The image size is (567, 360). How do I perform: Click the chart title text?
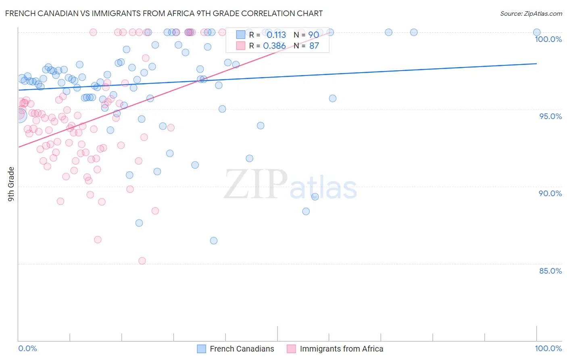(164, 13)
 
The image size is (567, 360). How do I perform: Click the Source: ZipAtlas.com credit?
(531, 14)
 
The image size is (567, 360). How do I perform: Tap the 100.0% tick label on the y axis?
(548, 39)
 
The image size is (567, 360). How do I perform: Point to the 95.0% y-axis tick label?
(550, 116)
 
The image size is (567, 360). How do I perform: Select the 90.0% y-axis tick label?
(550, 193)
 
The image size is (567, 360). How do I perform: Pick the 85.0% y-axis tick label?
(550, 271)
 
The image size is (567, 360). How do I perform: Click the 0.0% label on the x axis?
(27, 348)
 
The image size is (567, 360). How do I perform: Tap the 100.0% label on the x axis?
(548, 348)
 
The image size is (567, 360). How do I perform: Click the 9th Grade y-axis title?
(11, 184)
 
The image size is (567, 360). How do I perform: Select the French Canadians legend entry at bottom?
(236, 349)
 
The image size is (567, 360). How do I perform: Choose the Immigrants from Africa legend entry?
(335, 349)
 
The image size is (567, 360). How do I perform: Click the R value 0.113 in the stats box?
(276, 35)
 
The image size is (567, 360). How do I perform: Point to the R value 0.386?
(274, 46)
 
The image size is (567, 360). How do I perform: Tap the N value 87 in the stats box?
(314, 46)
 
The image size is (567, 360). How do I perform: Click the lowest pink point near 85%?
(142, 261)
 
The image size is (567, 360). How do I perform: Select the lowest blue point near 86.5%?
(214, 241)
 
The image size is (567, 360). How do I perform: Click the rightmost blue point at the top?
(537, 32)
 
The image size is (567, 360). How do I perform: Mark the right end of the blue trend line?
(537, 63)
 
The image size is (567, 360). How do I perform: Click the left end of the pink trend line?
(18, 147)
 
